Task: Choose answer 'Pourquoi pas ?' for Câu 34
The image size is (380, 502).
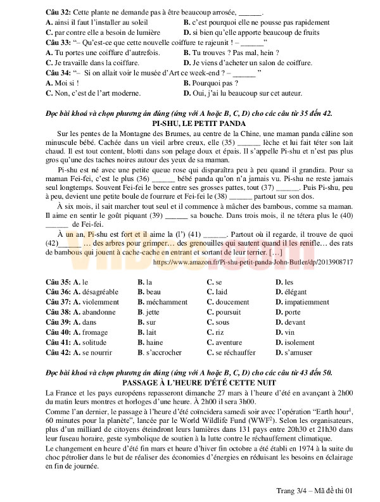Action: (x=211, y=83)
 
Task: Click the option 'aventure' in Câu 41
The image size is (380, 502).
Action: (x=229, y=342)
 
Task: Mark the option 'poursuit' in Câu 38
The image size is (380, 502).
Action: (x=228, y=312)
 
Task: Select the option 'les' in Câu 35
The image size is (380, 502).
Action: (x=289, y=282)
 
